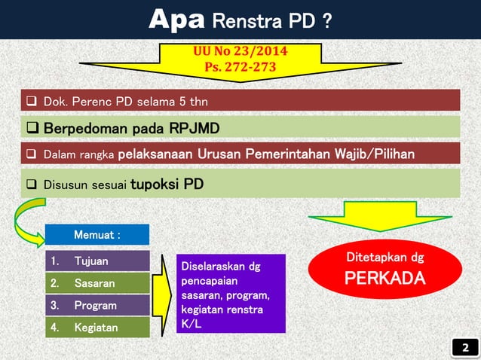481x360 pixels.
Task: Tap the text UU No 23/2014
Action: click(x=240, y=52)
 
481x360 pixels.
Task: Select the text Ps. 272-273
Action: click(x=240, y=68)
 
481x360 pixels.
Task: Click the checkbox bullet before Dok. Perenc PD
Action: click(x=32, y=101)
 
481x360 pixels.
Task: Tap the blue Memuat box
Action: click(x=97, y=235)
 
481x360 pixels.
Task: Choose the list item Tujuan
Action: click(x=91, y=261)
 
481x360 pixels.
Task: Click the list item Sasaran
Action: click(x=94, y=284)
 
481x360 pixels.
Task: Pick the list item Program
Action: click(x=95, y=306)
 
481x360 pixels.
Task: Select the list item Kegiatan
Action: click(x=95, y=328)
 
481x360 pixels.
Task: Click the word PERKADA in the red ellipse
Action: click(x=384, y=279)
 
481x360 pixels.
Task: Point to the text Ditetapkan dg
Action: click(x=384, y=258)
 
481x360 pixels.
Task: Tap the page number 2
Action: click(x=464, y=347)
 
